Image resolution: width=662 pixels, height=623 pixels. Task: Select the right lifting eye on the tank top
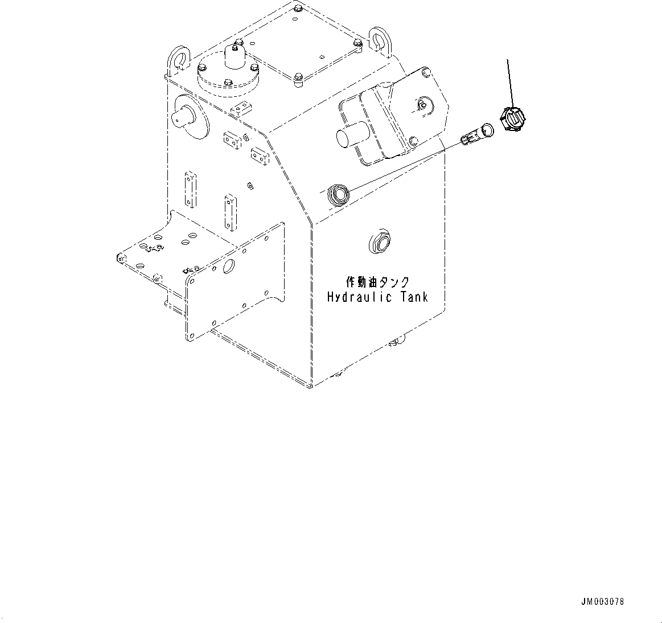(x=377, y=43)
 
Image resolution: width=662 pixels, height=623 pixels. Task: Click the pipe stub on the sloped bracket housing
(x=348, y=137)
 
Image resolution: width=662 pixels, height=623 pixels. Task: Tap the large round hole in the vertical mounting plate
(x=229, y=267)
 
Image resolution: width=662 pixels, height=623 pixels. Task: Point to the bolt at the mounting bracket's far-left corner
(x=119, y=258)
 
